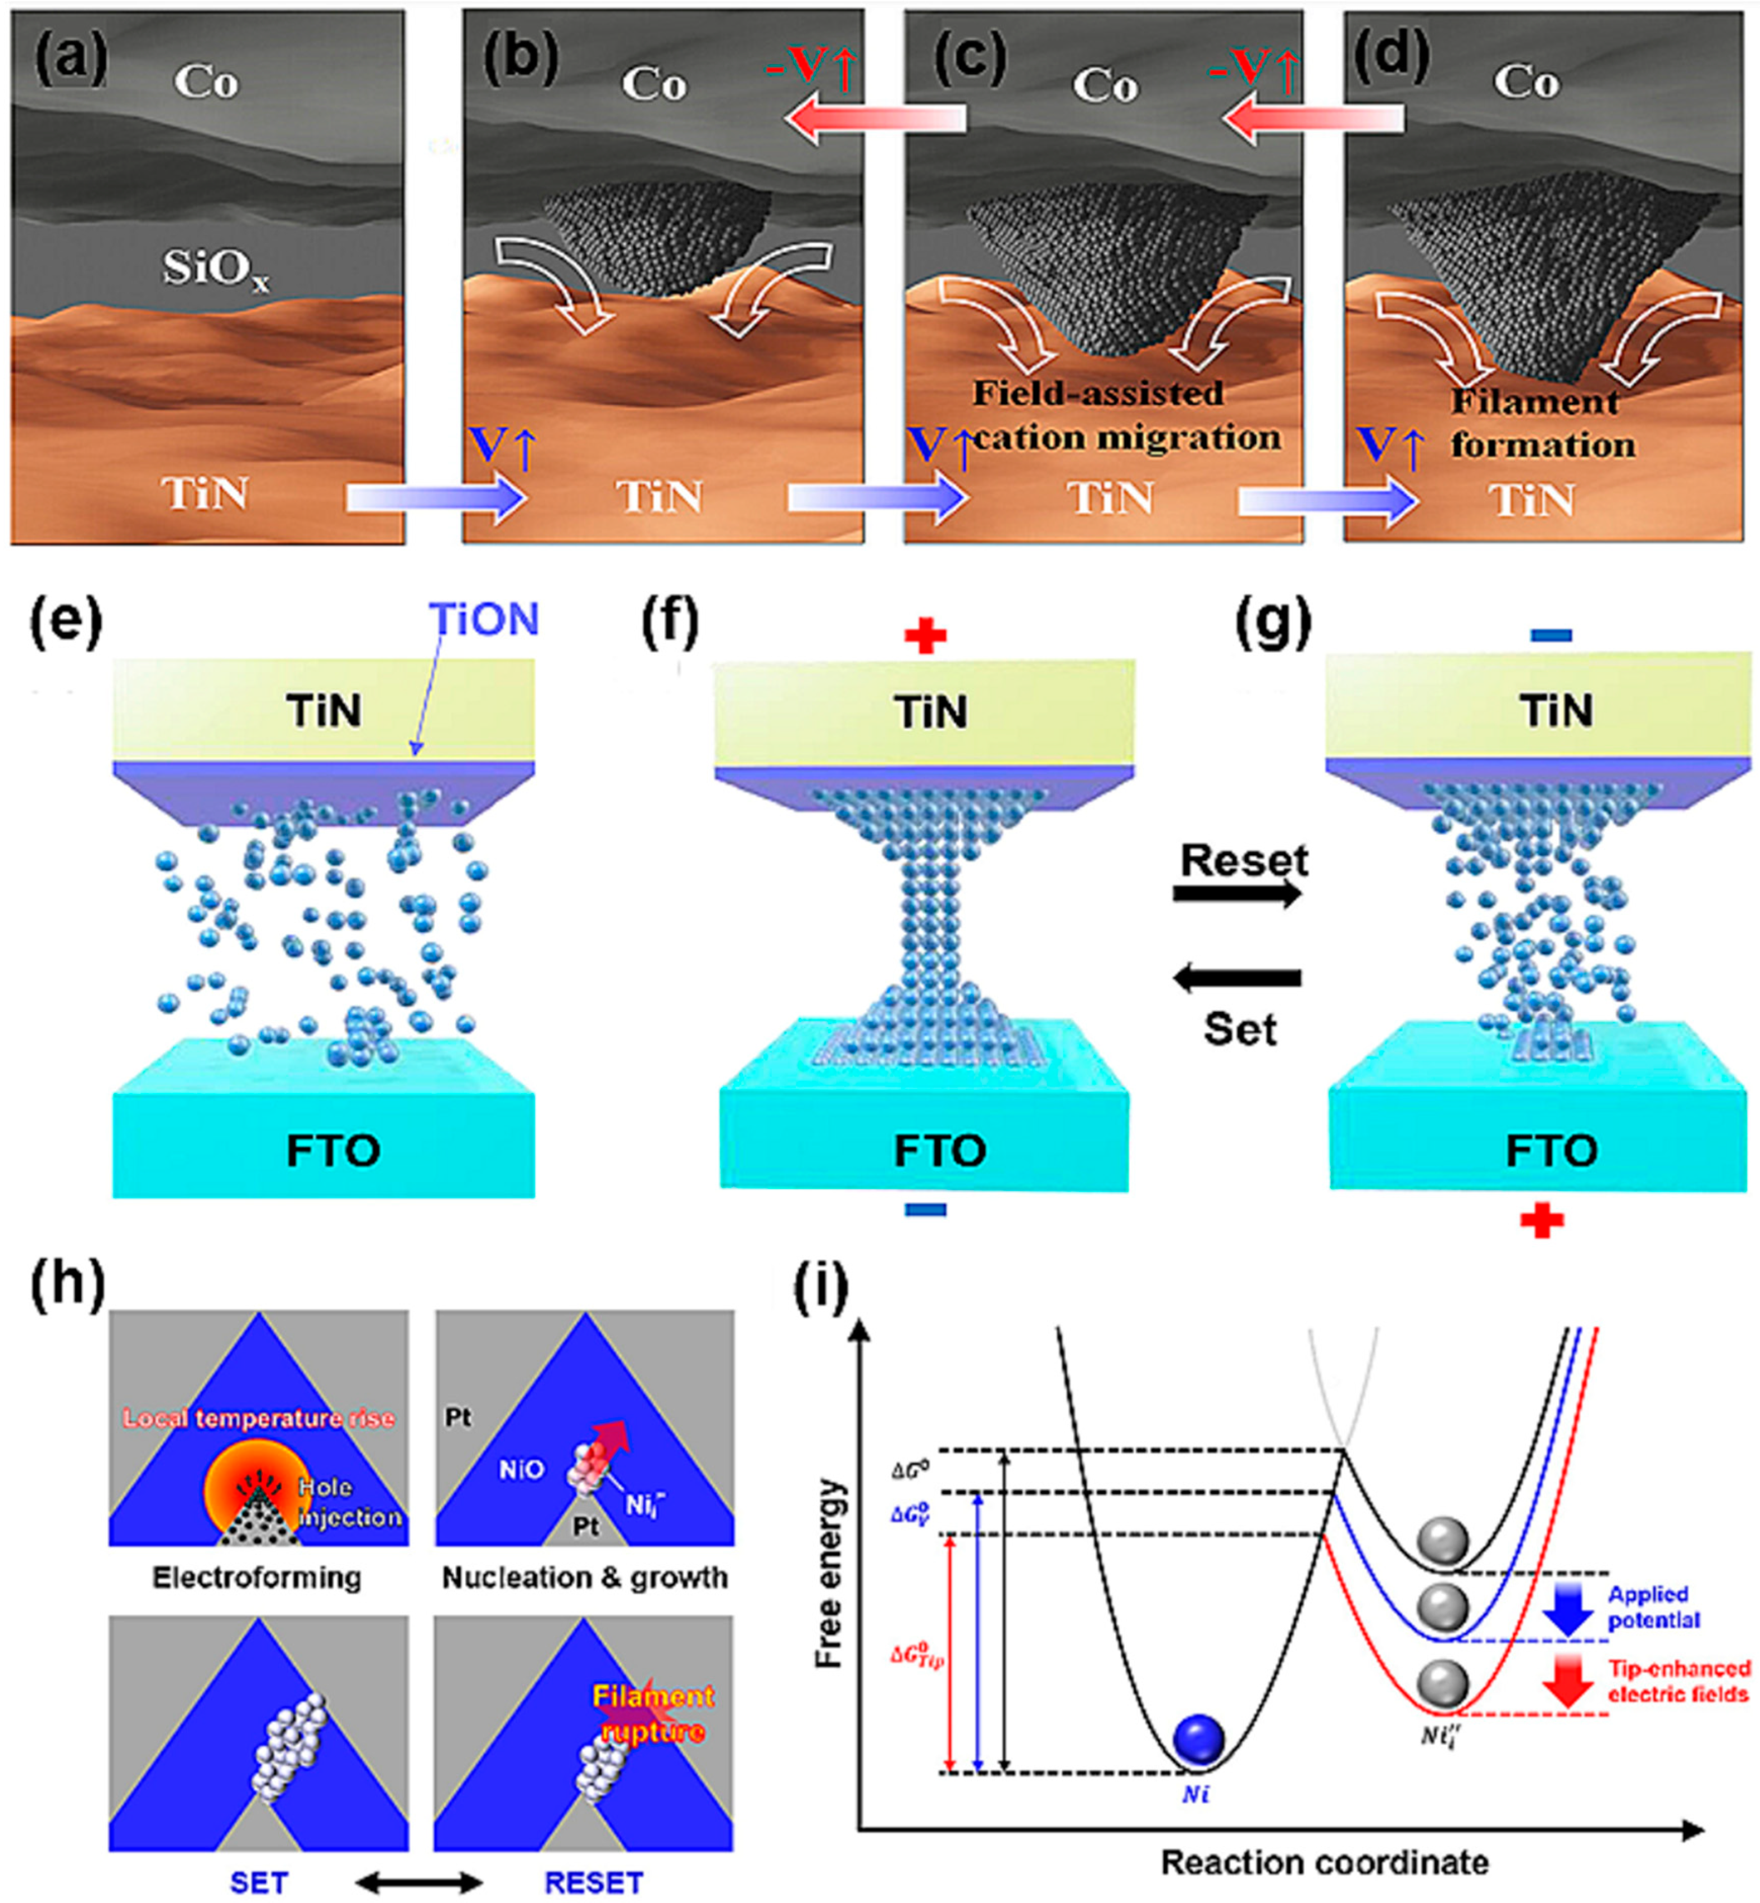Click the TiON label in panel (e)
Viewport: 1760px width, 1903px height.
pos(486,620)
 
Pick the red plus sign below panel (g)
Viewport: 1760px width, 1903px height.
pos(1542,1221)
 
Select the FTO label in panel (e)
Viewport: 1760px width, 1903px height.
pos(333,1151)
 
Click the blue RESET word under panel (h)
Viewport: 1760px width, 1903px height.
pos(593,1883)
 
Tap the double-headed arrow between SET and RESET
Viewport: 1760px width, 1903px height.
pos(419,1882)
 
